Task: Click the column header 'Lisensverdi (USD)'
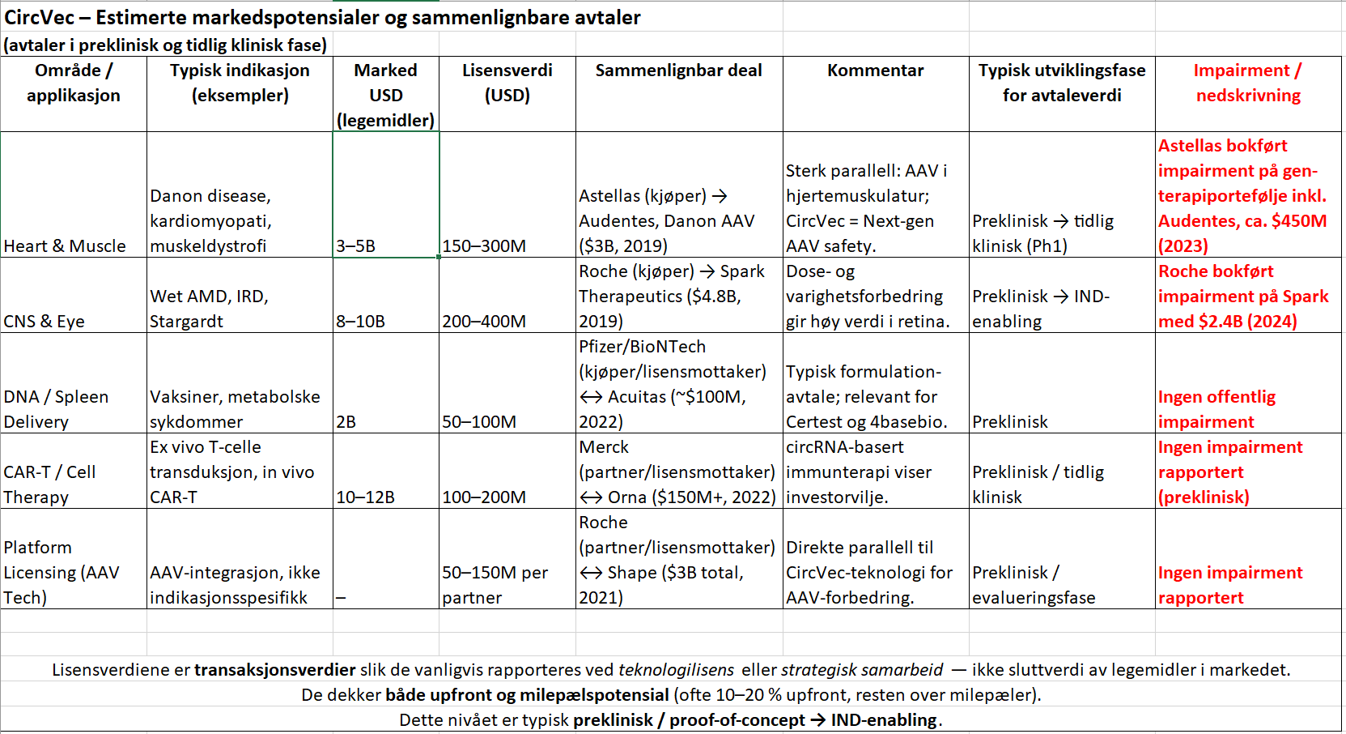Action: click(x=507, y=83)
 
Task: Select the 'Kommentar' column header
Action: click(x=875, y=70)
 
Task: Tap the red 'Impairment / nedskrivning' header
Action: click(x=1247, y=83)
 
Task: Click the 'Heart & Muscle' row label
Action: click(x=65, y=245)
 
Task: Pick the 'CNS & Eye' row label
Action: click(x=45, y=321)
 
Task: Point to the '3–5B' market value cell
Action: click(x=356, y=245)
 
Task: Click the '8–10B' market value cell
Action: click(x=360, y=321)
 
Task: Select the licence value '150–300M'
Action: click(x=484, y=245)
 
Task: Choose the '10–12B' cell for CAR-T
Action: click(x=365, y=497)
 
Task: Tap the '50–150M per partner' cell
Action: click(x=495, y=584)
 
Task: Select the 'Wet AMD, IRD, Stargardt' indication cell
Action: click(x=209, y=309)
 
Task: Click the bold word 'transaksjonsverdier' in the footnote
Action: click(x=275, y=670)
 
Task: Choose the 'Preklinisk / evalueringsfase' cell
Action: click(x=1033, y=584)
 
